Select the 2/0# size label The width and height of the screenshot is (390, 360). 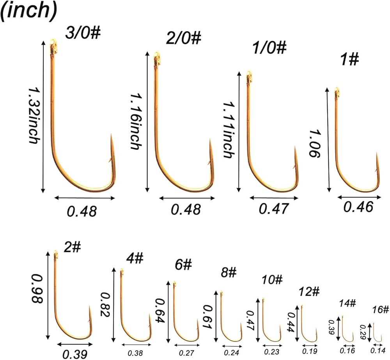click(184, 39)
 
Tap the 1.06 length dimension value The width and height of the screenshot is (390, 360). click(314, 144)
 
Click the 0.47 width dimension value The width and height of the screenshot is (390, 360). click(274, 209)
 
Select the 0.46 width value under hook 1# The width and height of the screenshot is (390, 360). click(358, 206)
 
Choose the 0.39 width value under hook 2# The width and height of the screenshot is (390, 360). click(75, 353)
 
